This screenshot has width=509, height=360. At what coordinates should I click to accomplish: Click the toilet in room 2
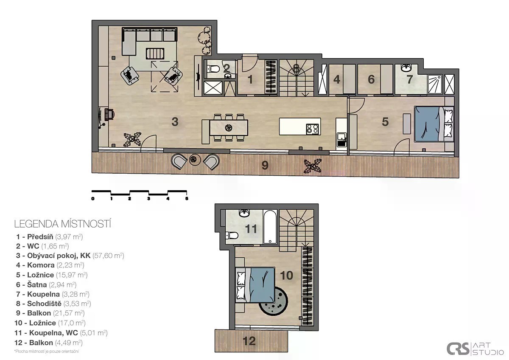tap(213, 68)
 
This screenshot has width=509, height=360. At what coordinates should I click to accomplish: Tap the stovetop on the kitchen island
tap(312, 129)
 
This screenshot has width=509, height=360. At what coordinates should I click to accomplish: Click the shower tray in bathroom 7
tap(435, 84)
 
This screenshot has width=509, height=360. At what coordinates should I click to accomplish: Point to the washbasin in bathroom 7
tap(406, 67)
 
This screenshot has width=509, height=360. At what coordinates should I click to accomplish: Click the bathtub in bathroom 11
tap(270, 227)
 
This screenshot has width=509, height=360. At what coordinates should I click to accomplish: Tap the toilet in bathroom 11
tap(232, 235)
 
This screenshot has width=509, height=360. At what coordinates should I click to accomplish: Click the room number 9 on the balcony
tap(265, 165)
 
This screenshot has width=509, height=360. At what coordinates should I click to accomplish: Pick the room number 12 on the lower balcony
tap(249, 341)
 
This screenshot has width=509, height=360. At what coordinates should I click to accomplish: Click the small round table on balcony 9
tap(195, 160)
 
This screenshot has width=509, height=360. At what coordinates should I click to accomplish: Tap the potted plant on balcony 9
tap(313, 166)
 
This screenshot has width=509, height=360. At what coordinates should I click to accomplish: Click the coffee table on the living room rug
tap(155, 53)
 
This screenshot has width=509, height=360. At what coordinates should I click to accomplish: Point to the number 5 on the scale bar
tap(187, 199)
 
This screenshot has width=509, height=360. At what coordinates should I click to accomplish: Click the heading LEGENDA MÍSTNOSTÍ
tap(62, 224)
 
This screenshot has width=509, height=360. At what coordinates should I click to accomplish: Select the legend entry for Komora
tap(50, 265)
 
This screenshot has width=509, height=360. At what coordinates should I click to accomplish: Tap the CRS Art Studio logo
tap(475, 349)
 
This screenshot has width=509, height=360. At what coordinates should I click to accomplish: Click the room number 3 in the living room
tap(175, 122)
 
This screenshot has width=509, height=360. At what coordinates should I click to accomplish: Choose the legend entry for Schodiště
tap(53, 304)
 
